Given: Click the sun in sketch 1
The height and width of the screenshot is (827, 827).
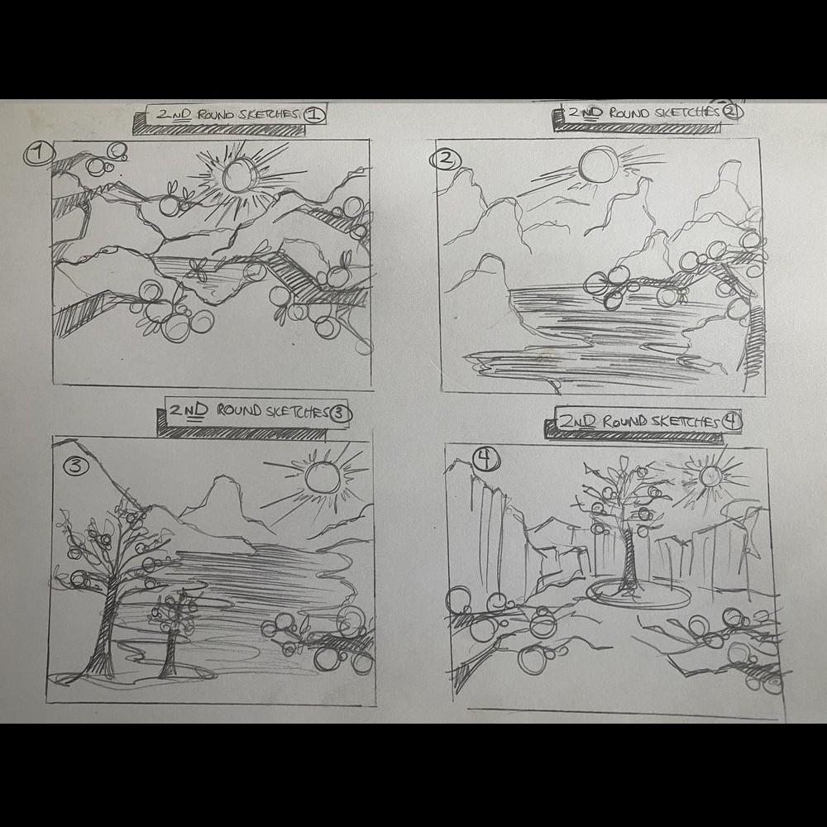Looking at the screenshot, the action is pos(239,174).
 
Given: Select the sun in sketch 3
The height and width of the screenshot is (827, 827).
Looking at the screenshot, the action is pos(323,477).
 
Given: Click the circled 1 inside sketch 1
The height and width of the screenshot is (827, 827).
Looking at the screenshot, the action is pos(40,154).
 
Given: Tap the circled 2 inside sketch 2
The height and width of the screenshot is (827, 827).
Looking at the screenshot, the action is pos(446,160).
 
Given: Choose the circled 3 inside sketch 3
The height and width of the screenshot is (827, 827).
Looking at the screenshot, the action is pos(76,466).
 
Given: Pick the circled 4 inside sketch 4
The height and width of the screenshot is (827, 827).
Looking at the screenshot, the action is pos(485,458).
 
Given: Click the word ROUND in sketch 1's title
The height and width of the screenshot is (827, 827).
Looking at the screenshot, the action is pos(215,114).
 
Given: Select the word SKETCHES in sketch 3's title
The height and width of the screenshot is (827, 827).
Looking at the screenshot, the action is pos(298,412).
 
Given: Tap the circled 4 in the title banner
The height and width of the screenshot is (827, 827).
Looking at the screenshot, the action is pos(731,421).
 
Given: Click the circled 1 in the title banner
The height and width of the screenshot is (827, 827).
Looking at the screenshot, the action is pos(313,114).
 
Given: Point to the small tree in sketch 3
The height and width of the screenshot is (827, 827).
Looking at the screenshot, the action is pos(173,633).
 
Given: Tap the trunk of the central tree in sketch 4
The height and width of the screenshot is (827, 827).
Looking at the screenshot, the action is pos(629,559).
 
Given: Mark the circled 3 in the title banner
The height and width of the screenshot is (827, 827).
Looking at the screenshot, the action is pos(340,413).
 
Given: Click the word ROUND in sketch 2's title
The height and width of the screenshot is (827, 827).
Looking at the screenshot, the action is pos(629,112).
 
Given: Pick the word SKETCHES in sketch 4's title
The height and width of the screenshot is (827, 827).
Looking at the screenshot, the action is pos(686,422).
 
